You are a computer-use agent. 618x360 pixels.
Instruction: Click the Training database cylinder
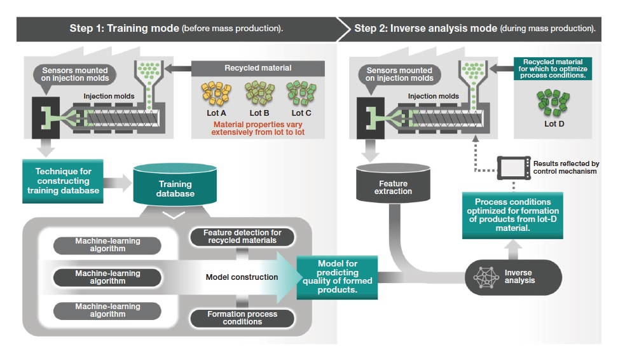pos(175,188)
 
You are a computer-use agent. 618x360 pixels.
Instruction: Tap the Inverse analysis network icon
pos(486,276)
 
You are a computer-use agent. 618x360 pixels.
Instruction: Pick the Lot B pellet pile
pos(259,93)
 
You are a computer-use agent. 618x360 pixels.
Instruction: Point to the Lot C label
pos(300,113)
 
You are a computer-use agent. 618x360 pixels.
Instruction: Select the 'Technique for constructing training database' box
pos(64,181)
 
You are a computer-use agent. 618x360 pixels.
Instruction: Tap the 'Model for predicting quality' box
pos(337,276)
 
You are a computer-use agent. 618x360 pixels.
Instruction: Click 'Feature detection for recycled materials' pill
pos(243,237)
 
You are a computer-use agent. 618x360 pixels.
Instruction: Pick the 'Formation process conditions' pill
pos(243,317)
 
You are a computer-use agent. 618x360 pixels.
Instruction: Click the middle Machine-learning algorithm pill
pos(99,277)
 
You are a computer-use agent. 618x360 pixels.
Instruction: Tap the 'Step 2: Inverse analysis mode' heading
pos(474,29)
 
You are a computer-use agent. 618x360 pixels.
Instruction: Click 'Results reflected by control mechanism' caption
pos(566,167)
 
